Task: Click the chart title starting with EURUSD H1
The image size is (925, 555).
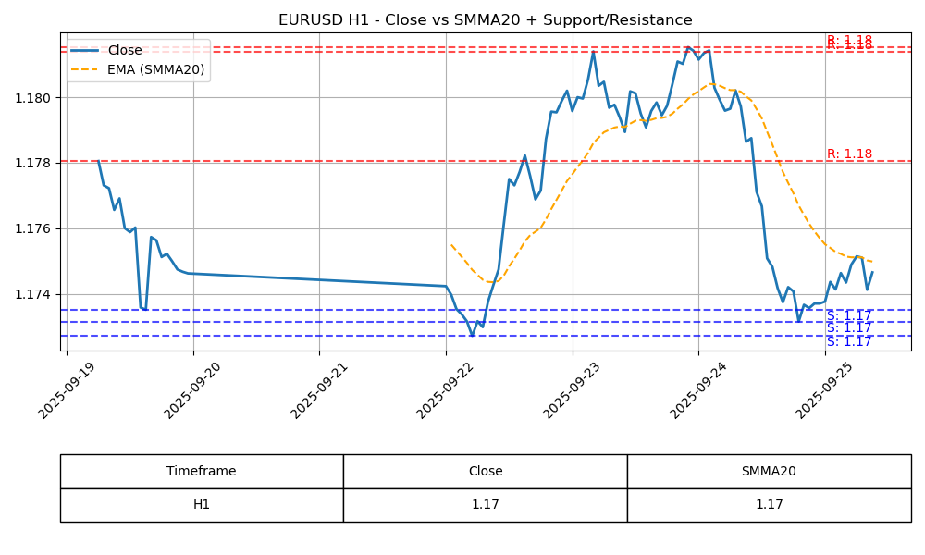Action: [x=485, y=20]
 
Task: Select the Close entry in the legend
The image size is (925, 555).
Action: [x=124, y=51]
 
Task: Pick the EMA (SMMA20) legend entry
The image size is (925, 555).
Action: [x=155, y=69]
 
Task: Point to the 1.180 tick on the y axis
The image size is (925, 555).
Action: [x=37, y=98]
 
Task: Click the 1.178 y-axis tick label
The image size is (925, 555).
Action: [x=37, y=163]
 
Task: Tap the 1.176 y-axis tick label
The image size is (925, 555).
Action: [x=37, y=228]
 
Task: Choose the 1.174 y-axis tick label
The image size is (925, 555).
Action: [x=37, y=294]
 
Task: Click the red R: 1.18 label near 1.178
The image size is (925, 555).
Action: [x=849, y=154]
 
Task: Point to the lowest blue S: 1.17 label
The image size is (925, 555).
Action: [x=849, y=342]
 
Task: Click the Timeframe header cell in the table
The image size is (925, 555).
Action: [x=202, y=471]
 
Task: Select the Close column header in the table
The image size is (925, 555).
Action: [x=485, y=471]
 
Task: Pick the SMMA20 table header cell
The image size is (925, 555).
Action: [x=769, y=471]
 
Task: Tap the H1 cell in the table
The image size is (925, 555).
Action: [x=202, y=505]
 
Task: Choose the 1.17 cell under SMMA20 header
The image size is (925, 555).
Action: [x=769, y=505]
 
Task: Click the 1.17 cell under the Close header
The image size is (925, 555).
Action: [x=485, y=505]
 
